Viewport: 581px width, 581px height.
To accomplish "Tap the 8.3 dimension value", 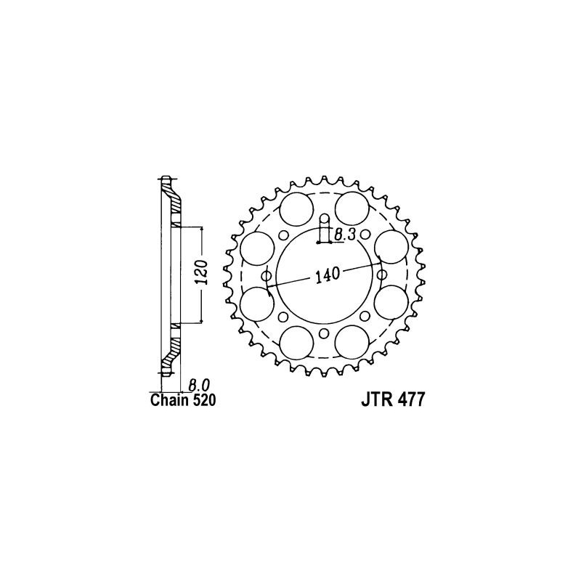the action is coord(345,234).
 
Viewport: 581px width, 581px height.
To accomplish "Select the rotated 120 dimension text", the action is coord(203,272).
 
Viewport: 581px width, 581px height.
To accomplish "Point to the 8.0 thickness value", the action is coord(199,385).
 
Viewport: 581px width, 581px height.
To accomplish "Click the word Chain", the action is coord(169,400).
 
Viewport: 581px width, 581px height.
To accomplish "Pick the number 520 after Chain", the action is coord(203,400).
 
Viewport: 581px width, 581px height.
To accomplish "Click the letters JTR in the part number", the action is coord(376,401).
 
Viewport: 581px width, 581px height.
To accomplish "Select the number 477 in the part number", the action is coord(410,401).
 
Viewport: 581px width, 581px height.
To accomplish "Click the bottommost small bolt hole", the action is coord(324,333).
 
